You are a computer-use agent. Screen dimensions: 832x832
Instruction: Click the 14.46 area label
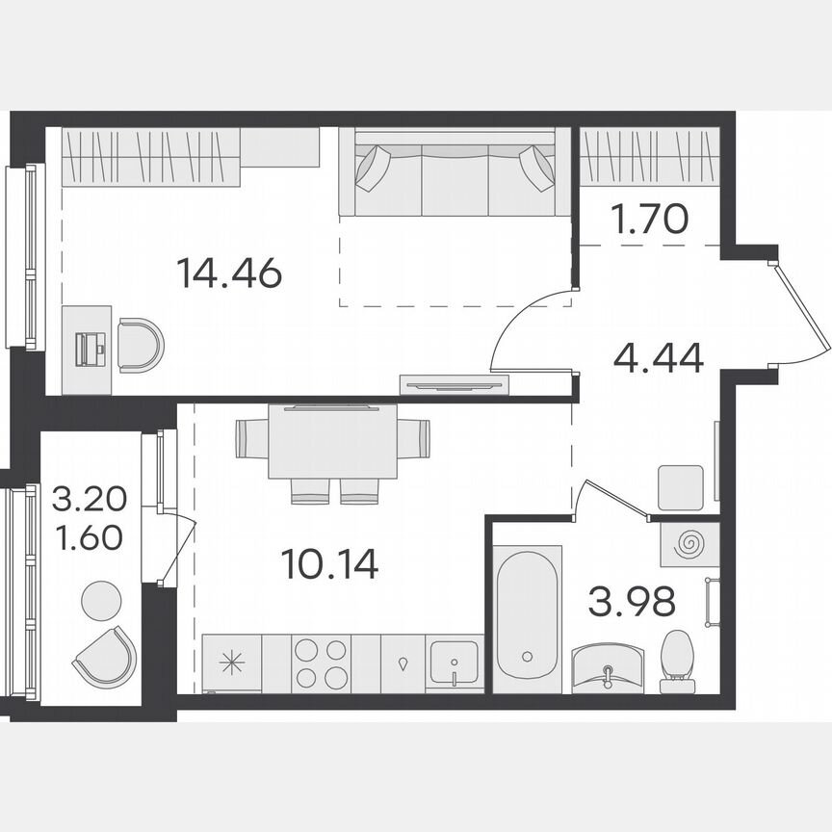coord(229,273)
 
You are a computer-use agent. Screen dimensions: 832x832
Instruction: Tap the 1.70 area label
coord(649,221)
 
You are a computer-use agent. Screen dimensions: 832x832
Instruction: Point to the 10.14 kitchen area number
coord(330,563)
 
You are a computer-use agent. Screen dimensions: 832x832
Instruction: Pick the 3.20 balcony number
coord(89,501)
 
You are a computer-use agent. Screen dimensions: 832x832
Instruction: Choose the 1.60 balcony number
coord(89,535)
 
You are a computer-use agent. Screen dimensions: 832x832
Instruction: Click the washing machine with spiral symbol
coord(689,544)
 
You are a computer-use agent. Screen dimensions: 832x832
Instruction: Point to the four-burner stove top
coord(322,663)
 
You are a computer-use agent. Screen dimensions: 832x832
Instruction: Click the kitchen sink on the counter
coord(455,663)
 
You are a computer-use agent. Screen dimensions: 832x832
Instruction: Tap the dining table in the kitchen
coord(332,441)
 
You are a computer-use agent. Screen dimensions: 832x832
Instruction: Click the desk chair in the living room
coord(141,345)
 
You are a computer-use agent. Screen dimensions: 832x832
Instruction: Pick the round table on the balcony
coord(101,601)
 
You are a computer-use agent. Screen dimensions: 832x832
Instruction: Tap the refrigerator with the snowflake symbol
coord(231,663)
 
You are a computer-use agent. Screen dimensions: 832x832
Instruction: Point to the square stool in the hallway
coord(681,486)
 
